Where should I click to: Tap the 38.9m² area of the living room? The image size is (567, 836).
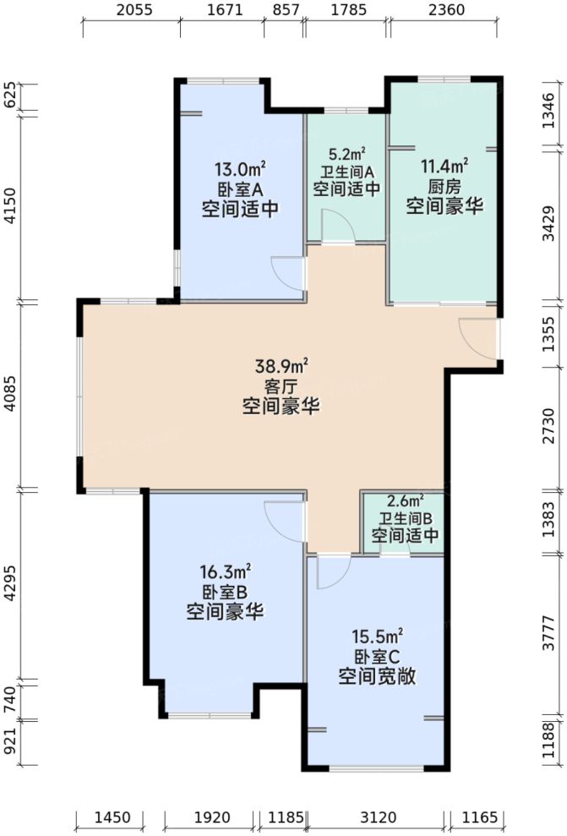coord(282,367)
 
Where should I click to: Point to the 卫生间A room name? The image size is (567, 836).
coord(346,172)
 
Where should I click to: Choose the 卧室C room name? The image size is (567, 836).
coord(378,655)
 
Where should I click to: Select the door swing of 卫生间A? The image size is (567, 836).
coord(335,227)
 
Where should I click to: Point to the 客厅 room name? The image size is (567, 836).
coord(282,386)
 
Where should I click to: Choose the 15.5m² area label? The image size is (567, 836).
coord(378,635)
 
